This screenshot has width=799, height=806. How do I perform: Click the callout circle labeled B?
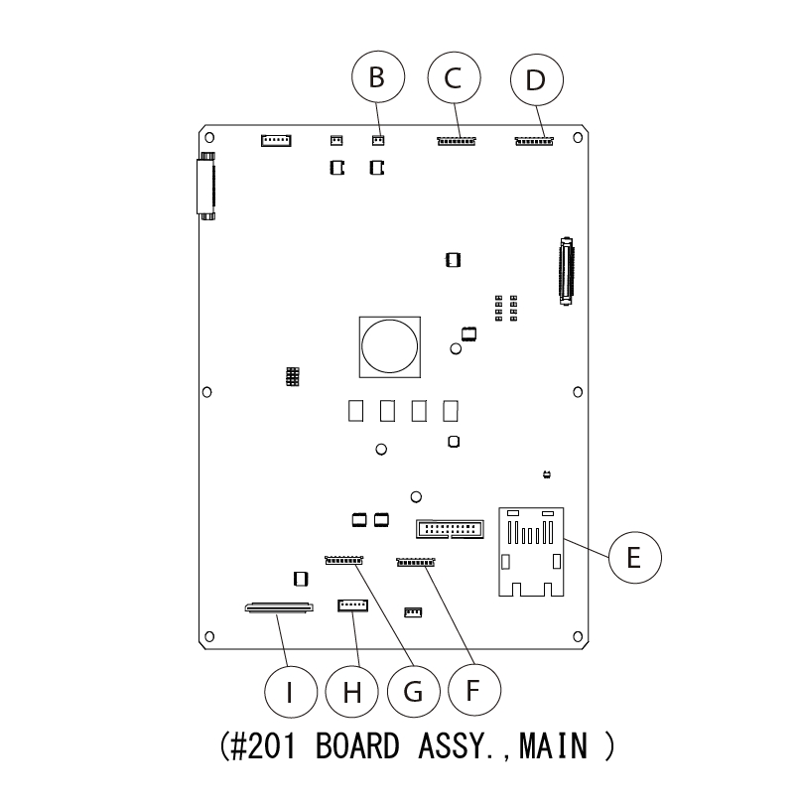click(x=376, y=78)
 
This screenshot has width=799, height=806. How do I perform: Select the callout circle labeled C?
click(x=454, y=78)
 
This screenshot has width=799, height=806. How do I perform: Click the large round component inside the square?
click(x=390, y=345)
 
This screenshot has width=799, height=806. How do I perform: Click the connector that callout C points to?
click(x=457, y=141)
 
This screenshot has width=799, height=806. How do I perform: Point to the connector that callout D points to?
click(x=534, y=141)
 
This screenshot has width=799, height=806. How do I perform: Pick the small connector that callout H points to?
click(x=353, y=604)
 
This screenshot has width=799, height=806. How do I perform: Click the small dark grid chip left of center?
click(x=292, y=377)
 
